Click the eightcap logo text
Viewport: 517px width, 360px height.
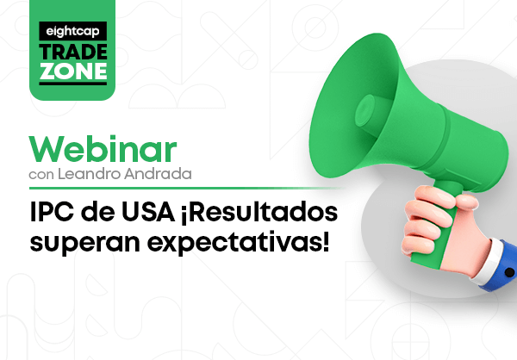(x=72, y=31)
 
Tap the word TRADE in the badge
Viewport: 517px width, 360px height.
(x=73, y=52)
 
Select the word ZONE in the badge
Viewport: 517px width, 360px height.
(x=73, y=71)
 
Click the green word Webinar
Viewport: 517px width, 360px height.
(x=103, y=149)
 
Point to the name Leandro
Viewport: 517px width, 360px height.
(x=90, y=174)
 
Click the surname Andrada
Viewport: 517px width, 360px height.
(x=158, y=174)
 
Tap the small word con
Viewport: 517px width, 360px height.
(x=41, y=176)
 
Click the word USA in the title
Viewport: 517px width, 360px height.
(x=148, y=213)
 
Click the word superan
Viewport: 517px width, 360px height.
(x=84, y=244)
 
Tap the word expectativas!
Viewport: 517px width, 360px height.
(x=238, y=243)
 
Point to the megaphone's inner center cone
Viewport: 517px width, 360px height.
(x=365, y=110)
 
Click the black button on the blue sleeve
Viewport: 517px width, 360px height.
(x=509, y=272)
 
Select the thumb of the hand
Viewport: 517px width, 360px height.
(x=464, y=202)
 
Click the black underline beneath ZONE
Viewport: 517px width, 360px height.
(x=73, y=84)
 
